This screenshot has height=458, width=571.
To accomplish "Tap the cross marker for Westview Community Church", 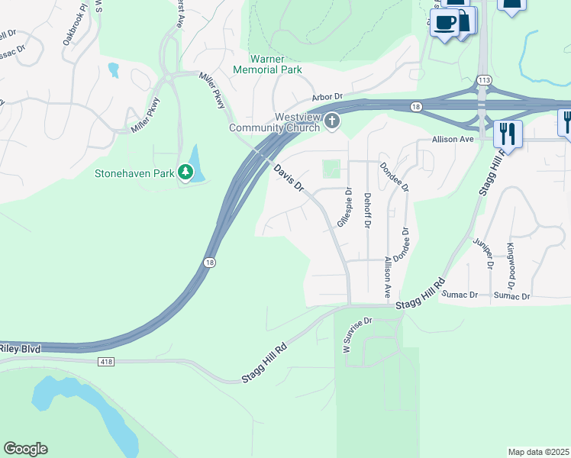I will coord(331,121).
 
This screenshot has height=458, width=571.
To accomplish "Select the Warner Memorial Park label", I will coord(276,64).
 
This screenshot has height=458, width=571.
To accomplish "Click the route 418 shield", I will coord(105,360).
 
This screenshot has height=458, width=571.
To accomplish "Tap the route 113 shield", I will coord(483,80).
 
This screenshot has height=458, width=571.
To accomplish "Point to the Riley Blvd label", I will coord(19,349).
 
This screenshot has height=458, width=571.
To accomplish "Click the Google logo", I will coord(25,449).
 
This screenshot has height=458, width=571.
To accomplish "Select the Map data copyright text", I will coord(538,452).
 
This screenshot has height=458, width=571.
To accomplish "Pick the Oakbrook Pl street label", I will coord(75,27).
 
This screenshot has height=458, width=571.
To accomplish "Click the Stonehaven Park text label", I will coord(134,173).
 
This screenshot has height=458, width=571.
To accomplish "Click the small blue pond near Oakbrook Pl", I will coord(114,70).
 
